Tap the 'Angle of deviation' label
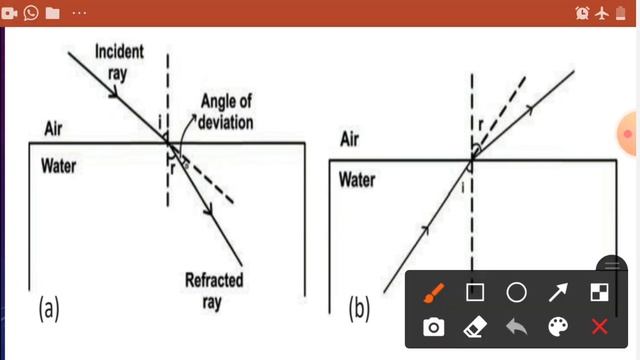point(227,112)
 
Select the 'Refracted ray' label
point(213,290)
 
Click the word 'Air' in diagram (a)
point(54,129)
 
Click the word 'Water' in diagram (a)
point(59,165)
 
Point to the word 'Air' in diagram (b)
point(351,139)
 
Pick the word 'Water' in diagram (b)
point(357,180)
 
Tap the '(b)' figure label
point(359,308)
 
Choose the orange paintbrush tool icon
point(433,293)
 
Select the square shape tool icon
point(475,293)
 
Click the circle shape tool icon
point(516,293)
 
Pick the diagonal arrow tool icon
point(558,293)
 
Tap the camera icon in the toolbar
point(433,327)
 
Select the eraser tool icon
point(475,327)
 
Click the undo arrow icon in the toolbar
point(516,327)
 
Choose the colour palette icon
point(558,327)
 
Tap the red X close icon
point(599,327)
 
